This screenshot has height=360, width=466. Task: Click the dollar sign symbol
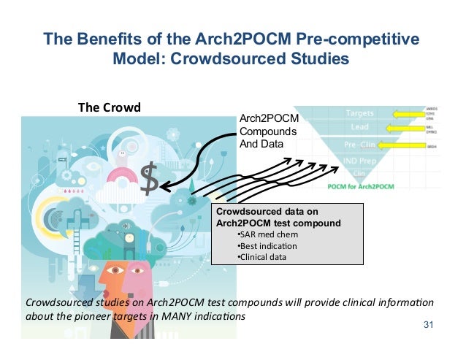[x=149, y=181]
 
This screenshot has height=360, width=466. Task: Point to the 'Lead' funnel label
[x=358, y=130]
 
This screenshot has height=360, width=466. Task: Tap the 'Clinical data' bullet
[x=262, y=256]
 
